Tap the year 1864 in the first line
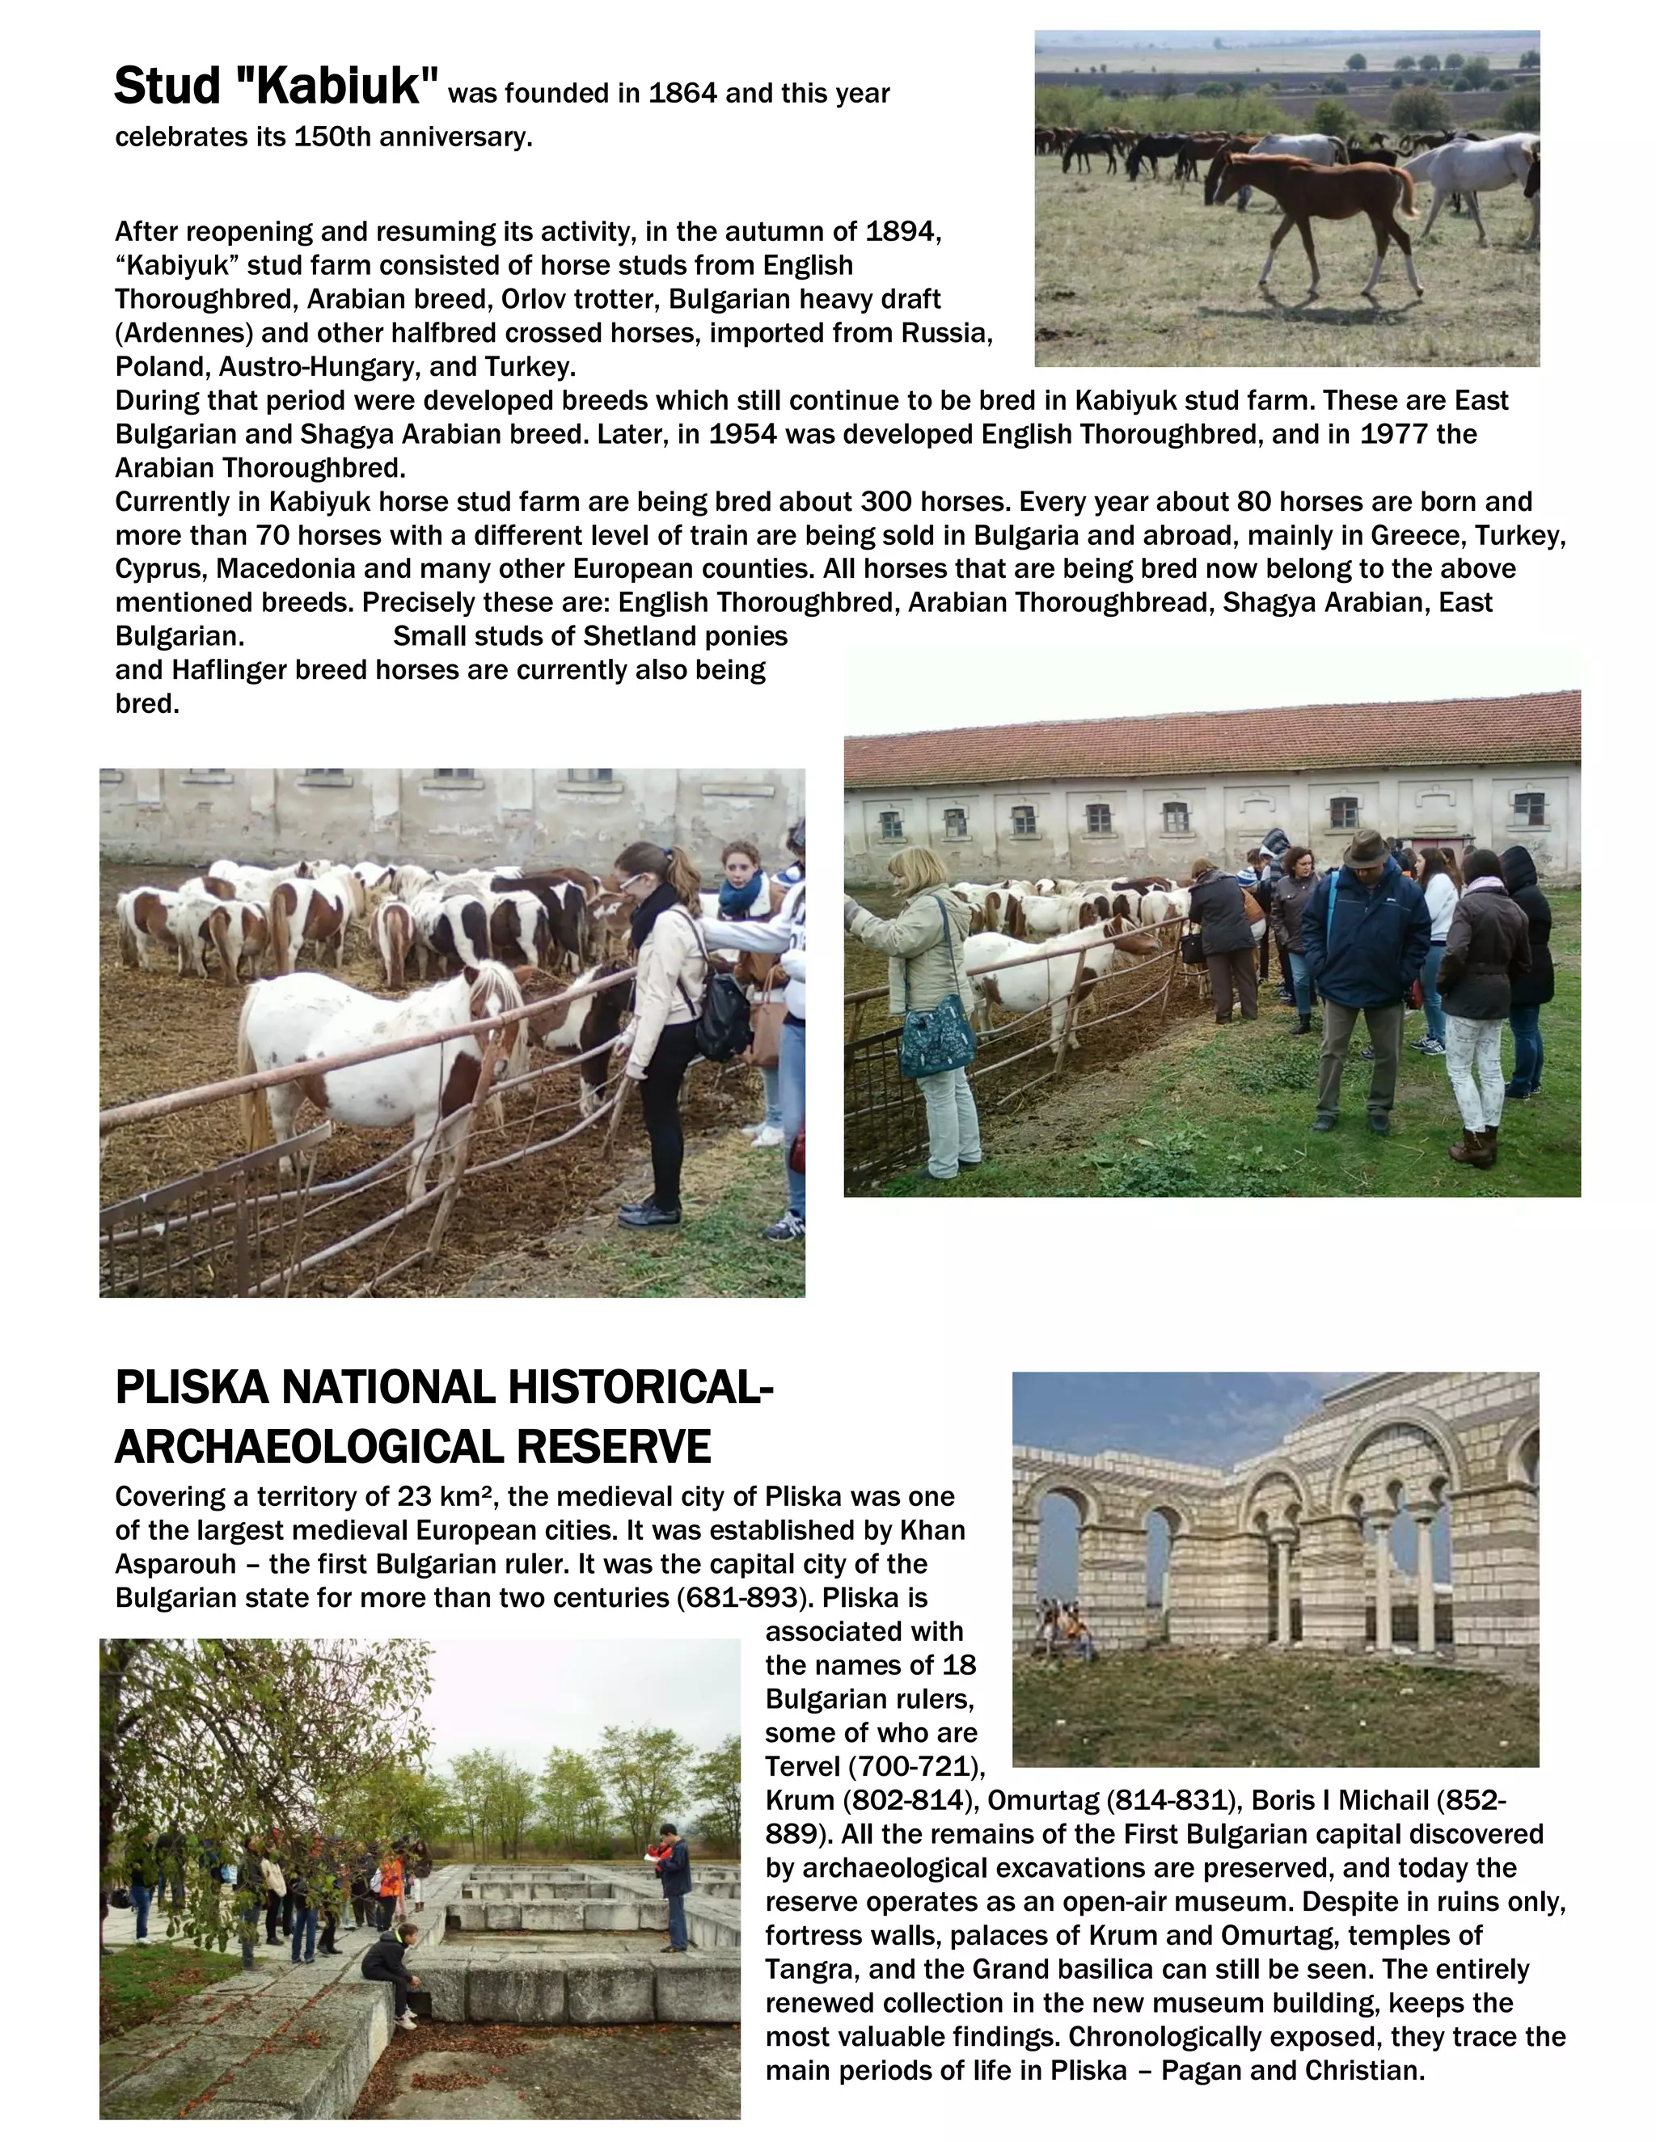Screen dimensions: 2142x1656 point(682,94)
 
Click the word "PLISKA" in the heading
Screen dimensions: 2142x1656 point(192,1389)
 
